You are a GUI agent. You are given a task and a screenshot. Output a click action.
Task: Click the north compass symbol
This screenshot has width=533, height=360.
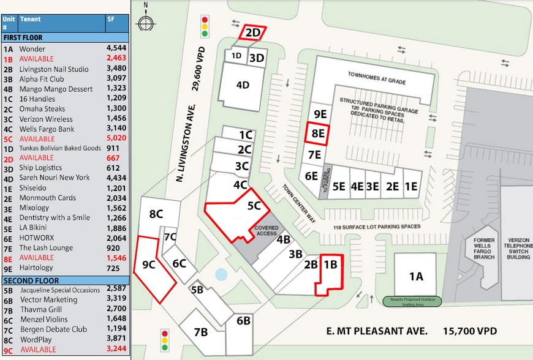(x=146, y=22)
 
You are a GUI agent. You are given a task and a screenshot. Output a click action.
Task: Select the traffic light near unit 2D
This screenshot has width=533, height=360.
(x=205, y=27)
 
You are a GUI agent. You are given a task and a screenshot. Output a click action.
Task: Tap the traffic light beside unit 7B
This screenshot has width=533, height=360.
(x=164, y=340)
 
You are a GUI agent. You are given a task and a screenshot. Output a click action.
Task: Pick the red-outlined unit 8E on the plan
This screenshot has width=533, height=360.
(x=317, y=133)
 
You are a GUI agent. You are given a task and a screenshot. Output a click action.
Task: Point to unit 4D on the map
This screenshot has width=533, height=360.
(x=243, y=85)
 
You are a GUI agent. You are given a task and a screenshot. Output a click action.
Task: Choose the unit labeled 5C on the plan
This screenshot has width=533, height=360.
(x=254, y=207)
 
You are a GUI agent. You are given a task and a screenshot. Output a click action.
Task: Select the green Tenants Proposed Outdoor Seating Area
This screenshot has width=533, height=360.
(x=415, y=301)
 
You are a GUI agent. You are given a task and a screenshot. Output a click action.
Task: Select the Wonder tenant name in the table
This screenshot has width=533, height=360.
(x=32, y=49)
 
